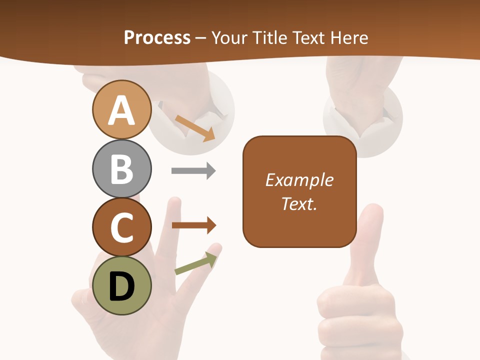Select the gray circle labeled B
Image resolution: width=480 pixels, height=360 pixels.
(121, 168)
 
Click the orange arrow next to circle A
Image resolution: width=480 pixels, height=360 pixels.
(195, 127)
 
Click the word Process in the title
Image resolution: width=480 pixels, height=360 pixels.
(157, 37)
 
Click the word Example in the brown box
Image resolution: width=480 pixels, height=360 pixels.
(299, 180)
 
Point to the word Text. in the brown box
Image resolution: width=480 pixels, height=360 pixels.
(299, 204)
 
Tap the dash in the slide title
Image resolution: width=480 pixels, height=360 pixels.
(201, 38)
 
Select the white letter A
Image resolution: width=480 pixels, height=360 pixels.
(121, 110)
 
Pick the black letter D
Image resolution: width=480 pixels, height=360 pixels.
(121, 286)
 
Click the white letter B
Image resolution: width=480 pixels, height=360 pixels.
(121, 168)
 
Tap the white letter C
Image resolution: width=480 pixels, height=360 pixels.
(121, 227)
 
